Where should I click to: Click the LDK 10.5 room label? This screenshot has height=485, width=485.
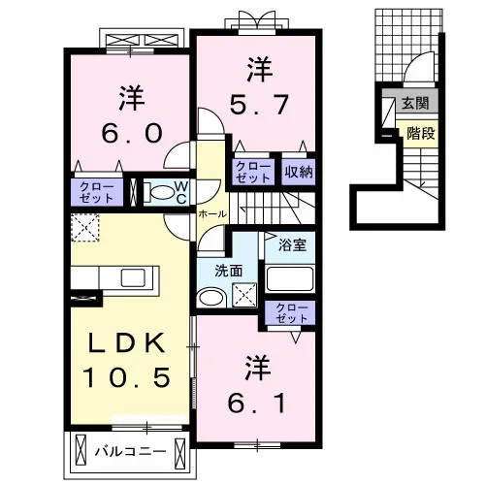pyautogui.click(x=126, y=360)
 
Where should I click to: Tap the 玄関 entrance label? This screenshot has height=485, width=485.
pyautogui.click(x=415, y=103)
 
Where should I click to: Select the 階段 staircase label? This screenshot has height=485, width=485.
pyautogui.click(x=421, y=133)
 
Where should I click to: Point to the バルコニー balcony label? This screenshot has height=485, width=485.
pyautogui.click(x=130, y=451)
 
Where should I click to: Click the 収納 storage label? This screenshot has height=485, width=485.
pyautogui.click(x=299, y=172)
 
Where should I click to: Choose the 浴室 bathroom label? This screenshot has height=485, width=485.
pyautogui.click(x=292, y=245)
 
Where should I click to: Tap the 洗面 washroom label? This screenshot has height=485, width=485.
pyautogui.click(x=229, y=271)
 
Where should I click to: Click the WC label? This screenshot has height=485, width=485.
pyautogui.click(x=181, y=192)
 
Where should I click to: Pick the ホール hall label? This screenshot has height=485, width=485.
pyautogui.click(x=212, y=213)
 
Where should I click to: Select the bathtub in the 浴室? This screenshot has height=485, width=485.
pyautogui.click(x=290, y=278)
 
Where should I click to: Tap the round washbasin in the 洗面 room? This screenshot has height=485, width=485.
pyautogui.click(x=210, y=298)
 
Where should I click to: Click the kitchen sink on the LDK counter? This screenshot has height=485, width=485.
pyautogui.click(x=133, y=277)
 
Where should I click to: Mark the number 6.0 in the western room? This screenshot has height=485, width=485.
pyautogui.click(x=132, y=134)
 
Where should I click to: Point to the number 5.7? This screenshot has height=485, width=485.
pyautogui.click(x=259, y=105)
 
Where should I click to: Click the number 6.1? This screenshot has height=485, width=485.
pyautogui.click(x=257, y=404)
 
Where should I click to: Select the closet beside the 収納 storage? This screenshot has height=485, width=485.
pyautogui.click(x=253, y=172)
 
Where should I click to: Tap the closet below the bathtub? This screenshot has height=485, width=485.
pyautogui.click(x=290, y=312)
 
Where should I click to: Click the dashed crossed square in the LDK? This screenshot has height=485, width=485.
pyautogui.click(x=85, y=228)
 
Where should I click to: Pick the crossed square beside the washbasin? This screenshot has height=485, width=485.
pyautogui.click(x=244, y=295)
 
